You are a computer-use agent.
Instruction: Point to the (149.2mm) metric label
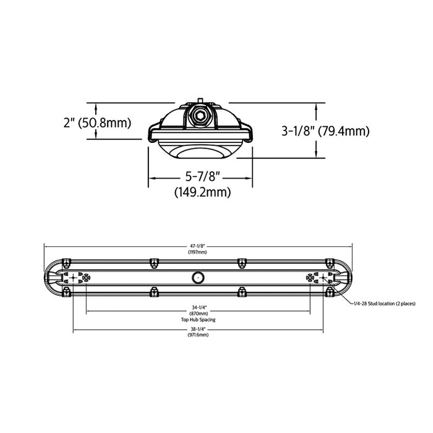(200, 192)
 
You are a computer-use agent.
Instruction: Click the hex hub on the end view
(200, 116)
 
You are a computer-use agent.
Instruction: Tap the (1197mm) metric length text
(197, 252)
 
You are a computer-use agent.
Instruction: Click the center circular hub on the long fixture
(197, 278)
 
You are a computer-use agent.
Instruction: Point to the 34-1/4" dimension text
(199, 308)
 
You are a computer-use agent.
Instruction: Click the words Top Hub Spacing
(199, 320)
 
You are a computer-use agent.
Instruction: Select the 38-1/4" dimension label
(199, 329)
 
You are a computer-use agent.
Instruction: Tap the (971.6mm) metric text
(199, 335)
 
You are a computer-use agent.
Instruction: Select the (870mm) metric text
(199, 314)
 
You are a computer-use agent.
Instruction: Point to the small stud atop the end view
(200, 100)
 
